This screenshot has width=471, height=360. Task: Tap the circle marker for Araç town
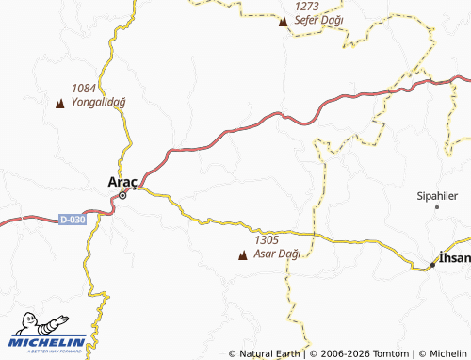(122, 196)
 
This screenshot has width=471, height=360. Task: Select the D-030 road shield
(72, 220)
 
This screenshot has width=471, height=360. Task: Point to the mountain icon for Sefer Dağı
(284, 20)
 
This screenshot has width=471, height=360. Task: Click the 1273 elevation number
(307, 5)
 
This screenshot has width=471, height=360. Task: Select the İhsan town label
(454, 255)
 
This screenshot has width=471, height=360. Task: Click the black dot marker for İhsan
(433, 265)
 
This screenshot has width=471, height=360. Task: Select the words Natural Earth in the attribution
(271, 353)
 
